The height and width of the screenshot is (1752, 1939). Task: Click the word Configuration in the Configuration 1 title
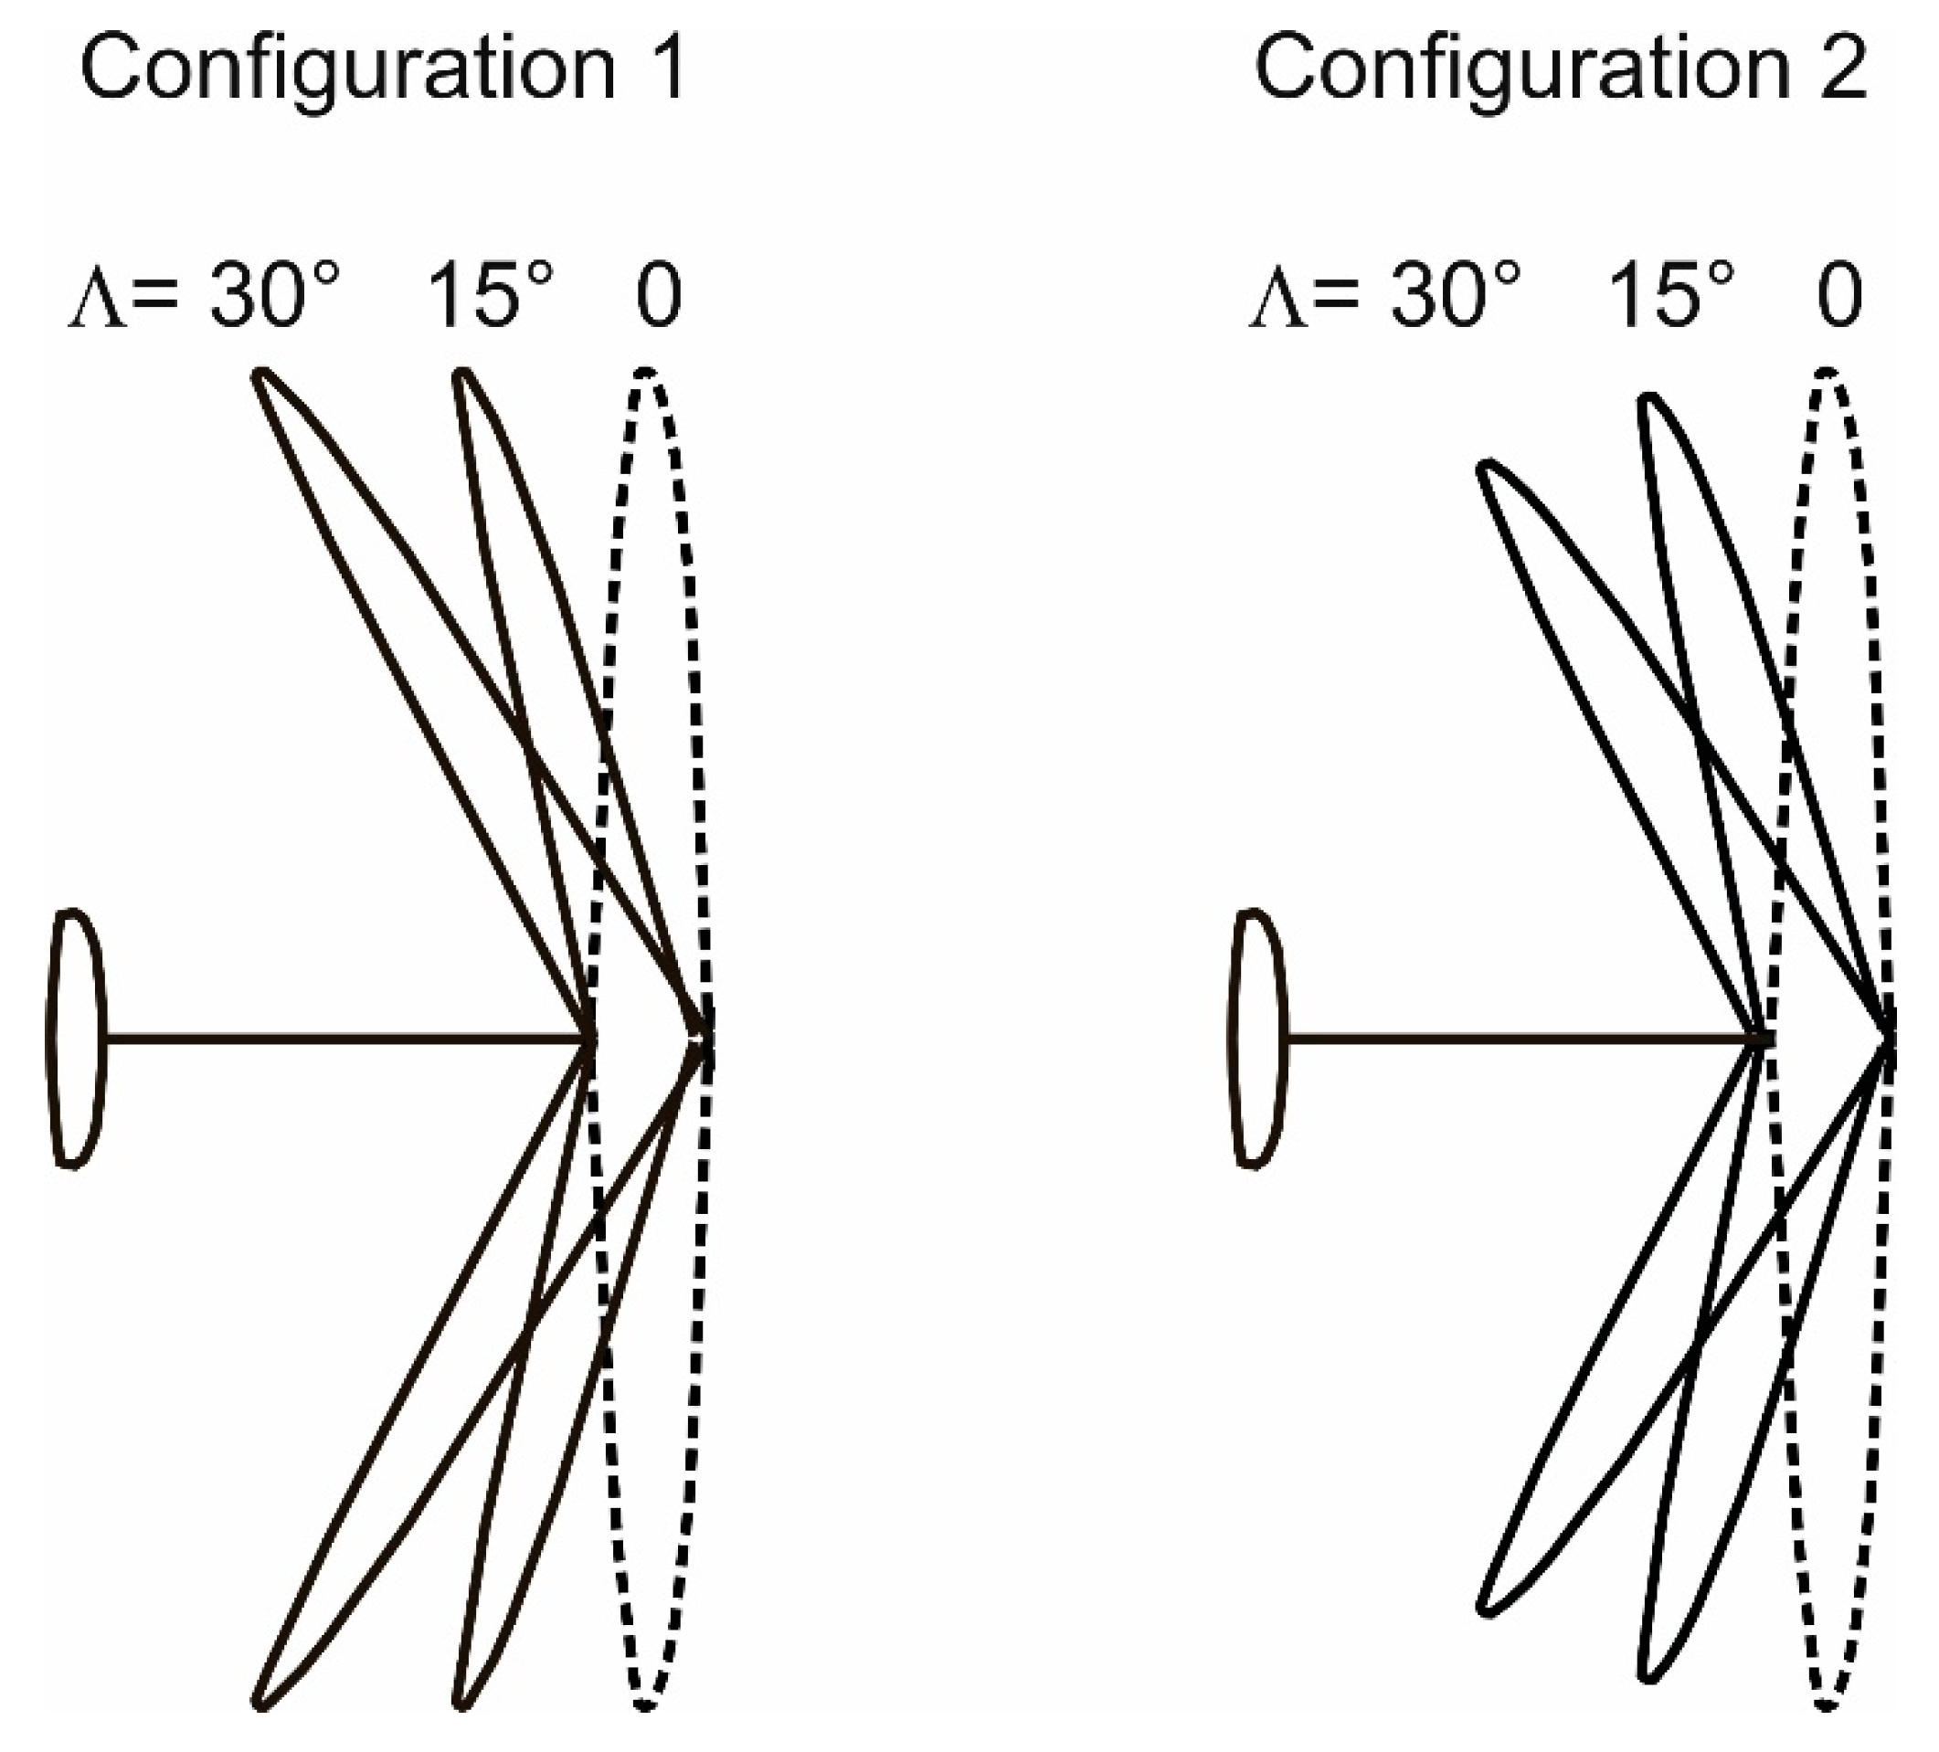click(x=346, y=72)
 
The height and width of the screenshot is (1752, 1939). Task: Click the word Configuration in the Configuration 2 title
click(x=1522, y=72)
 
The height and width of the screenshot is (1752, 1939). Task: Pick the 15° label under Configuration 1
click(x=491, y=297)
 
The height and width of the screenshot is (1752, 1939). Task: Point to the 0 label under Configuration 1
click(x=659, y=298)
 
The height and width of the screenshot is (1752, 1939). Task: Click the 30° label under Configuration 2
click(x=1456, y=297)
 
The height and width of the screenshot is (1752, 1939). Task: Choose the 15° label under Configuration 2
click(x=1671, y=297)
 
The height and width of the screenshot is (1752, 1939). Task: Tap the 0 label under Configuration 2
click(x=1840, y=298)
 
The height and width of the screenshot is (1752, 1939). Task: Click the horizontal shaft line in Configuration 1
click(x=346, y=1039)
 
